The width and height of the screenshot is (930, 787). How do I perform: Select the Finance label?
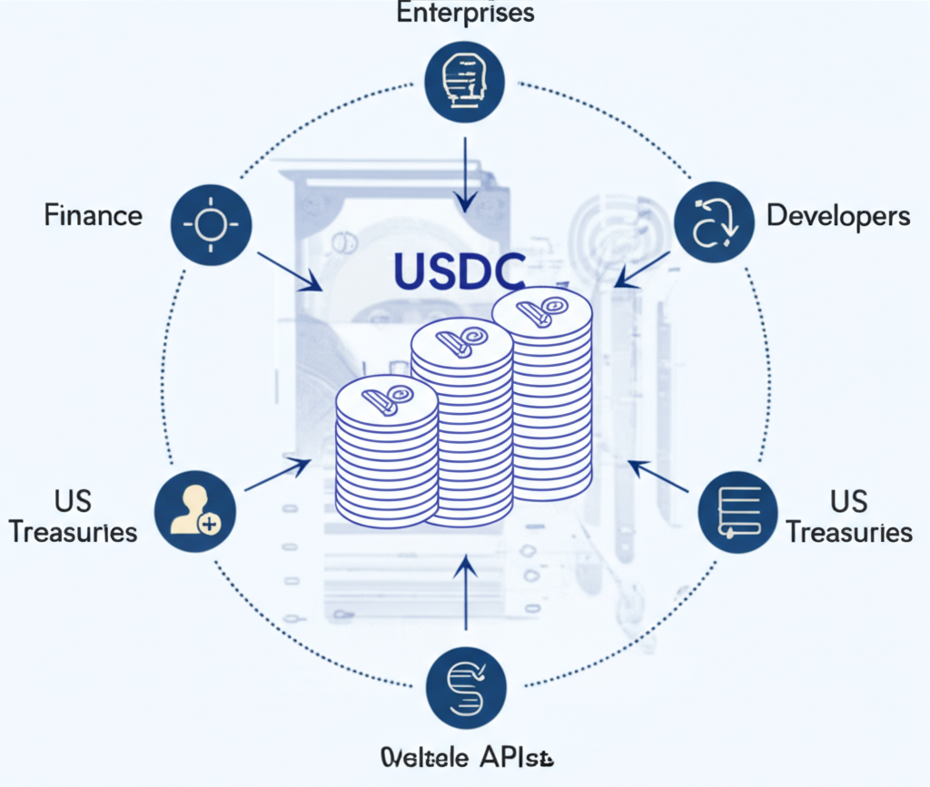click(94, 216)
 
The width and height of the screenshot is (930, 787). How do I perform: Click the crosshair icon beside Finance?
click(211, 222)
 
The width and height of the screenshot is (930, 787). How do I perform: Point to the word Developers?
click(837, 216)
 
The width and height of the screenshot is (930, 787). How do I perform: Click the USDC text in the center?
click(460, 271)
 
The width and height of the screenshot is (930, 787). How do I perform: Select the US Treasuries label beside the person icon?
click(73, 516)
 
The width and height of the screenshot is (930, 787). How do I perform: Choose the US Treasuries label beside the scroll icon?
click(848, 516)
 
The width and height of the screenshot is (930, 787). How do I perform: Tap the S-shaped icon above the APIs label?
click(466, 684)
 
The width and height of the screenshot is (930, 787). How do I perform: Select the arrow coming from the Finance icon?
click(289, 271)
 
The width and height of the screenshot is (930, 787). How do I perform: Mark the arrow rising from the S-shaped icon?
click(466, 595)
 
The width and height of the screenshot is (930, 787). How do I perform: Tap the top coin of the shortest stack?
click(386, 399)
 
